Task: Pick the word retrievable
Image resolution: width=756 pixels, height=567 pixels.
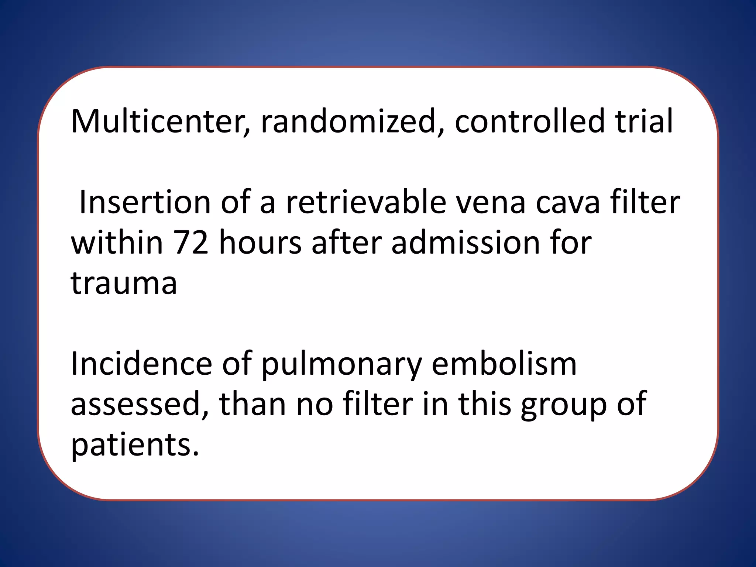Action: click(x=366, y=202)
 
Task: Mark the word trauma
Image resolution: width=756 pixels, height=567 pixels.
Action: click(x=124, y=283)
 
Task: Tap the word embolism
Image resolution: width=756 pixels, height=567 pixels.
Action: click(x=504, y=364)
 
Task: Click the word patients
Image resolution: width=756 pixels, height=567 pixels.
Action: click(x=135, y=445)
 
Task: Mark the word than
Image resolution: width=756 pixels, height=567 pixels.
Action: click(x=252, y=405)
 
